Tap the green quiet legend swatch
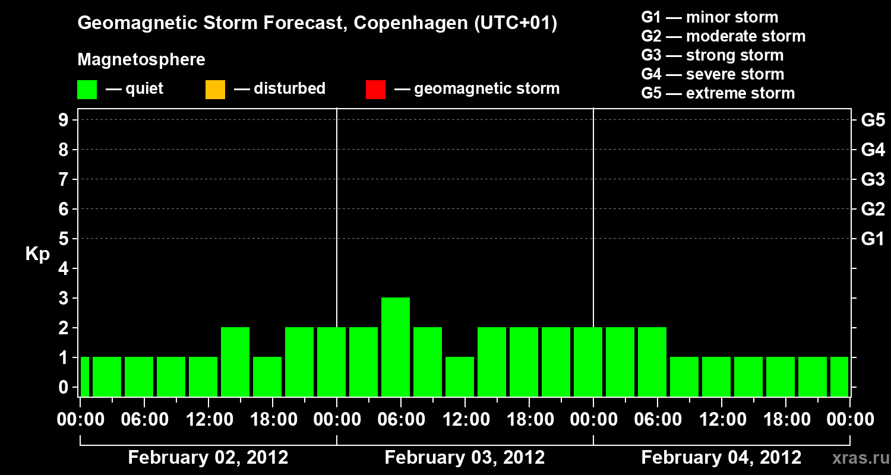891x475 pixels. pyautogui.click(x=87, y=90)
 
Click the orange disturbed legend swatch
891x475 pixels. pyautogui.click(x=215, y=90)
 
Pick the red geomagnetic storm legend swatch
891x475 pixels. pyautogui.click(x=375, y=90)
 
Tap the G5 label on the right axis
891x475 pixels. pyautogui.click(x=873, y=120)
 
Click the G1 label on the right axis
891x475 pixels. pyautogui.click(x=873, y=239)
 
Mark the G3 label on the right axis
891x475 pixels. pyautogui.click(x=873, y=179)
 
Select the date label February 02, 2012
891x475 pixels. pyautogui.click(x=208, y=458)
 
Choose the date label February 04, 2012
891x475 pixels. pyautogui.click(x=721, y=458)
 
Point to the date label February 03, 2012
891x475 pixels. pyautogui.click(x=465, y=458)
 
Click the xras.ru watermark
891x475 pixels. pyautogui.click(x=858, y=458)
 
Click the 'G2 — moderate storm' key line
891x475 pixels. pyautogui.click(x=723, y=36)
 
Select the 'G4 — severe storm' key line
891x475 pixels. pyautogui.click(x=712, y=74)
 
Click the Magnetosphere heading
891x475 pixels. pyautogui.click(x=141, y=60)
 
